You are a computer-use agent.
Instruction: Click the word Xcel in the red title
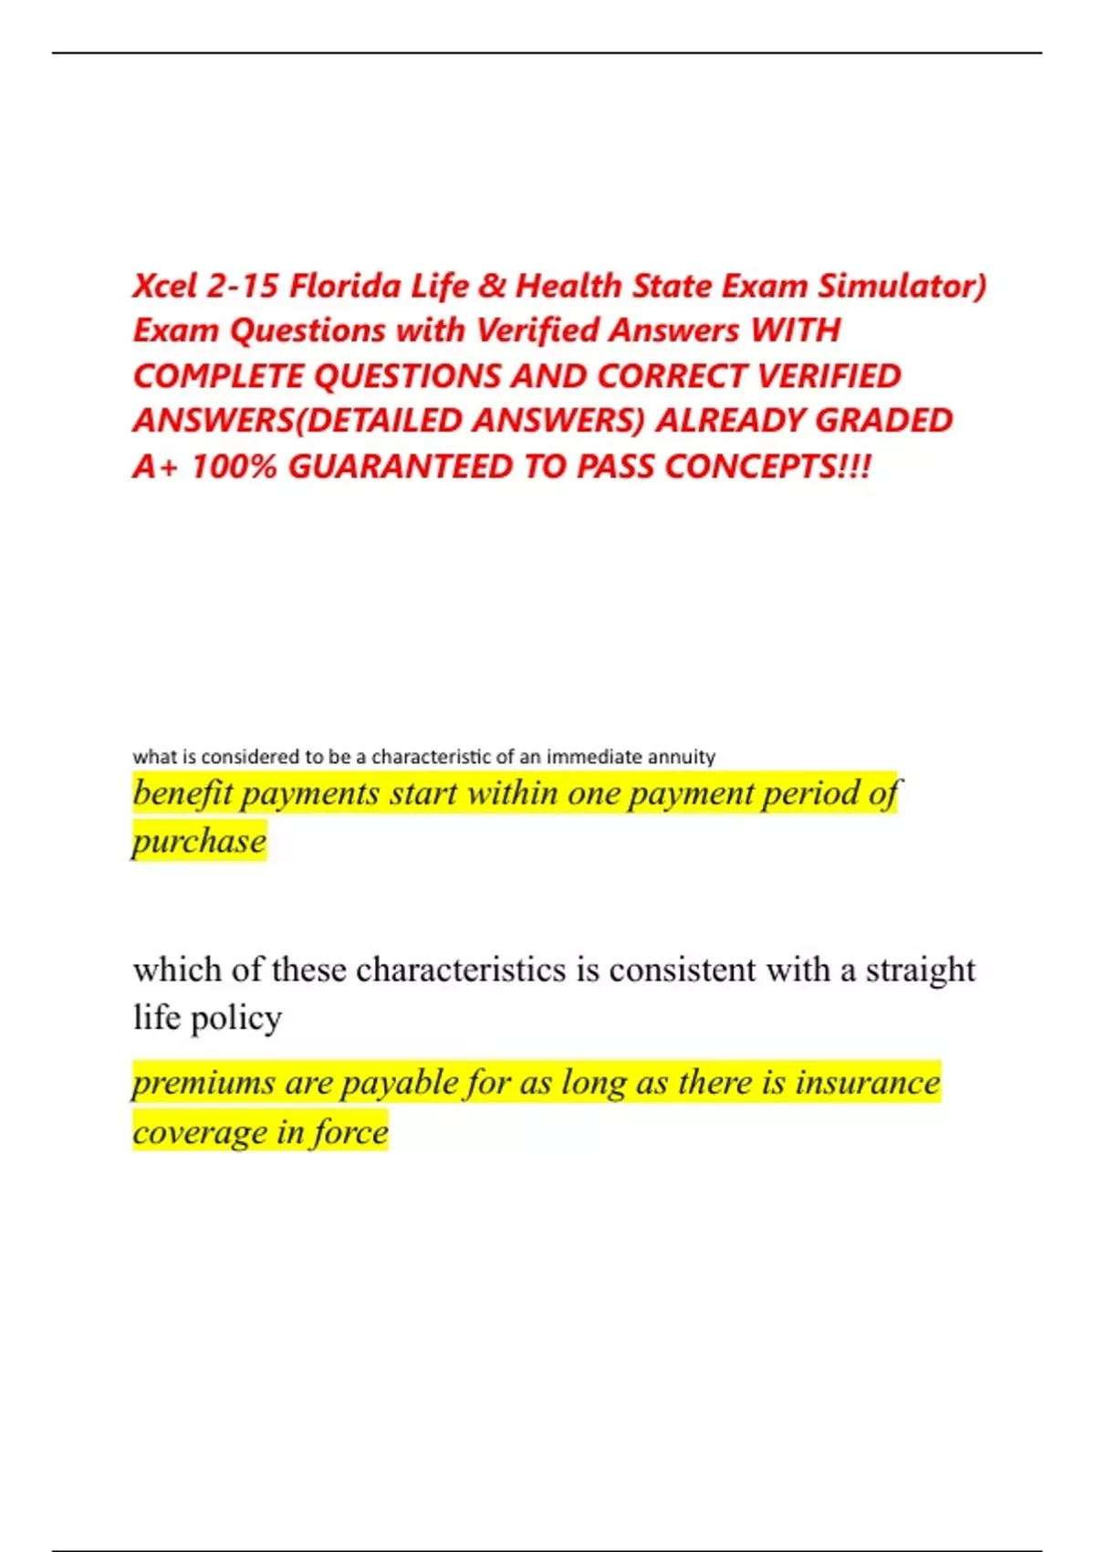pos(165,286)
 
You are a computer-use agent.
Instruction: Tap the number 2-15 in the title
pos(243,286)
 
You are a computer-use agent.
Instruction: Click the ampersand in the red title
pos(492,286)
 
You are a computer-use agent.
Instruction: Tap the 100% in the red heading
pos(234,467)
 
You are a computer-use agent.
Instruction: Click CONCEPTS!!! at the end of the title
pos(767,467)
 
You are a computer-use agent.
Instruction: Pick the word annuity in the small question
pos(681,757)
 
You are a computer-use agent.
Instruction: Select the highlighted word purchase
pos(199,841)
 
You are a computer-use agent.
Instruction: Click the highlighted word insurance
pos(867,1083)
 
